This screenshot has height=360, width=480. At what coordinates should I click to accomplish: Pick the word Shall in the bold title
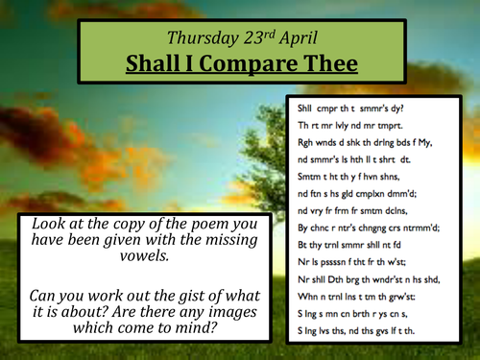click(x=156, y=65)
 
